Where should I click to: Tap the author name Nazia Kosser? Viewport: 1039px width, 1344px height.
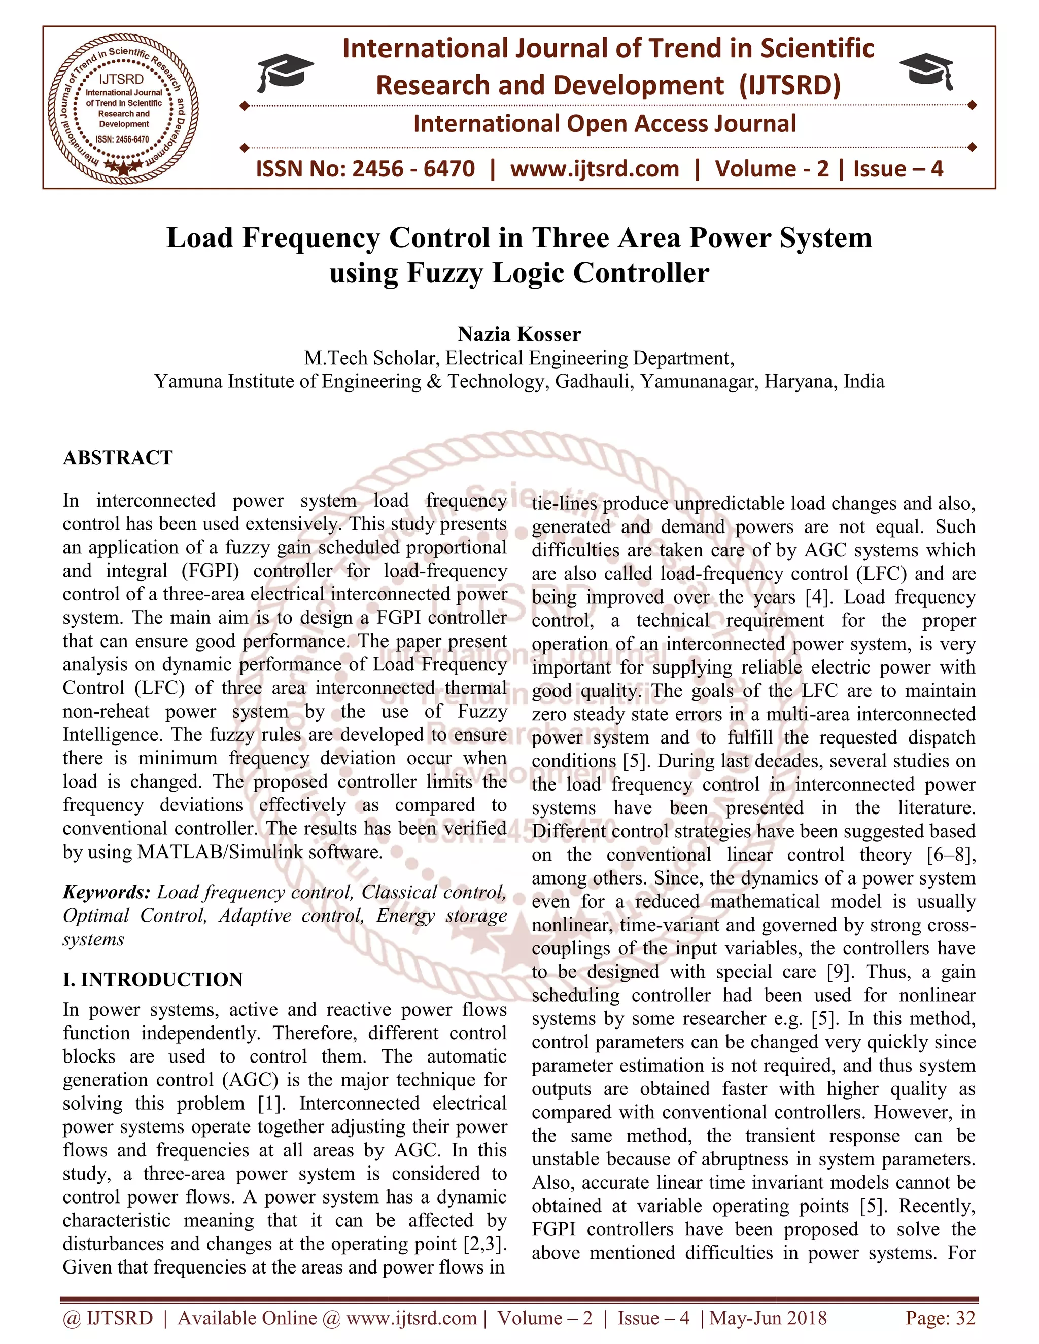[519, 334]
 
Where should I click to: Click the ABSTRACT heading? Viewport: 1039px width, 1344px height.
[118, 458]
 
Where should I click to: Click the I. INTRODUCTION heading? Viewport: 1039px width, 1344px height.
[153, 980]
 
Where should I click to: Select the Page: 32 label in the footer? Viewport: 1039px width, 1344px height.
[940, 1318]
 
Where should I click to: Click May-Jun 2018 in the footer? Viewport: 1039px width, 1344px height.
[768, 1318]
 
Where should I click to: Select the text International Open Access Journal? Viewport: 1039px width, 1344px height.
[604, 124]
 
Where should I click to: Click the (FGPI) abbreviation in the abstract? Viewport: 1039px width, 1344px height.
[210, 571]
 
